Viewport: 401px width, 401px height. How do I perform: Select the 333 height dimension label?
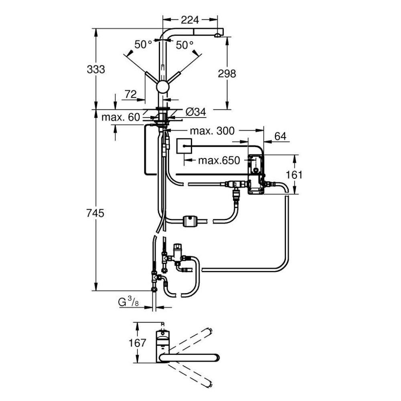96,69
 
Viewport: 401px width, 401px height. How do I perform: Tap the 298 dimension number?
227,73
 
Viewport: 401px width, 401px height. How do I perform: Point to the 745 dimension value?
96,213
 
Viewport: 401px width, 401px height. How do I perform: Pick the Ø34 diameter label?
196,113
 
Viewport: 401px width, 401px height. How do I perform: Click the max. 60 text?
120,117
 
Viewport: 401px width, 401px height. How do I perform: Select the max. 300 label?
212,131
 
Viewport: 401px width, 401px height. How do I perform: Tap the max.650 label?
219,161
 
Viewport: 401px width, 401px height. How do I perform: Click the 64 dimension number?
280,136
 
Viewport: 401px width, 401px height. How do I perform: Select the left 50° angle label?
143,45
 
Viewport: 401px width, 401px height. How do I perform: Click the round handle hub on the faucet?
163,87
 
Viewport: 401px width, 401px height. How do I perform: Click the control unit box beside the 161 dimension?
255,174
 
